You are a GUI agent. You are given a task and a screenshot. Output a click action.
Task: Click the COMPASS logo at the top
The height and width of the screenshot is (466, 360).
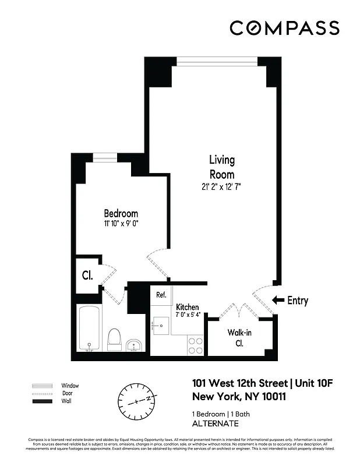point(284,27)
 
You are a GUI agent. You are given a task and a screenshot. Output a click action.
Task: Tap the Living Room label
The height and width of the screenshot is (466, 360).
point(222,167)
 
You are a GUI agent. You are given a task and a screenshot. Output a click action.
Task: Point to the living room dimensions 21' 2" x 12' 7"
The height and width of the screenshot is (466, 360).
point(222,187)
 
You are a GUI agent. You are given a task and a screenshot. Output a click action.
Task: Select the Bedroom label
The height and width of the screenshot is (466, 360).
point(121,213)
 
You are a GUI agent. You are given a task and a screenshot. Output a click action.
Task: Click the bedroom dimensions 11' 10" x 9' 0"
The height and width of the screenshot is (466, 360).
point(121,223)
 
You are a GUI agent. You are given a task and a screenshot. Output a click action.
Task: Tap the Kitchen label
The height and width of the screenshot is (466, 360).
point(188,307)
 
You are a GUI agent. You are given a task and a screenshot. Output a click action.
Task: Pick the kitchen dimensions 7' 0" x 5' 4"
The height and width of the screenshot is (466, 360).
point(188,315)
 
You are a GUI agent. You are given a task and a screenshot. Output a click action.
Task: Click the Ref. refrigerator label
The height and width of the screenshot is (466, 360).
point(161,295)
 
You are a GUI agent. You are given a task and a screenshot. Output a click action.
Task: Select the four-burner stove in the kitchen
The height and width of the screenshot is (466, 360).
point(195,346)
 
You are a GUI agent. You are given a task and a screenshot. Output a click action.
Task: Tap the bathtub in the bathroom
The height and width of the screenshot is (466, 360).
point(89,329)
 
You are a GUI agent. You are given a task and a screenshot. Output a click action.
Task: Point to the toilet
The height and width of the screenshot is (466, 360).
point(114,340)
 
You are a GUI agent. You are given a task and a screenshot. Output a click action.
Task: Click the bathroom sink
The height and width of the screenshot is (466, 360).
point(134,345)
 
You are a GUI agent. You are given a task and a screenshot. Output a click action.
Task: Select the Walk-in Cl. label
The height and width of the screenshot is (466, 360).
point(239,338)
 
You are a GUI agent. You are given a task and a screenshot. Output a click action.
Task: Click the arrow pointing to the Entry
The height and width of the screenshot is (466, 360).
point(278,301)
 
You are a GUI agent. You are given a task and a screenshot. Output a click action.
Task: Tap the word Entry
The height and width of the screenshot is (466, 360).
point(298,301)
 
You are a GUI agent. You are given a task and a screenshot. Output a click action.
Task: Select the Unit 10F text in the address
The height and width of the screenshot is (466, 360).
point(312,383)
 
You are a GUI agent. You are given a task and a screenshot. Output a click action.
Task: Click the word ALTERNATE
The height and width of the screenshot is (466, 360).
point(216,423)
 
